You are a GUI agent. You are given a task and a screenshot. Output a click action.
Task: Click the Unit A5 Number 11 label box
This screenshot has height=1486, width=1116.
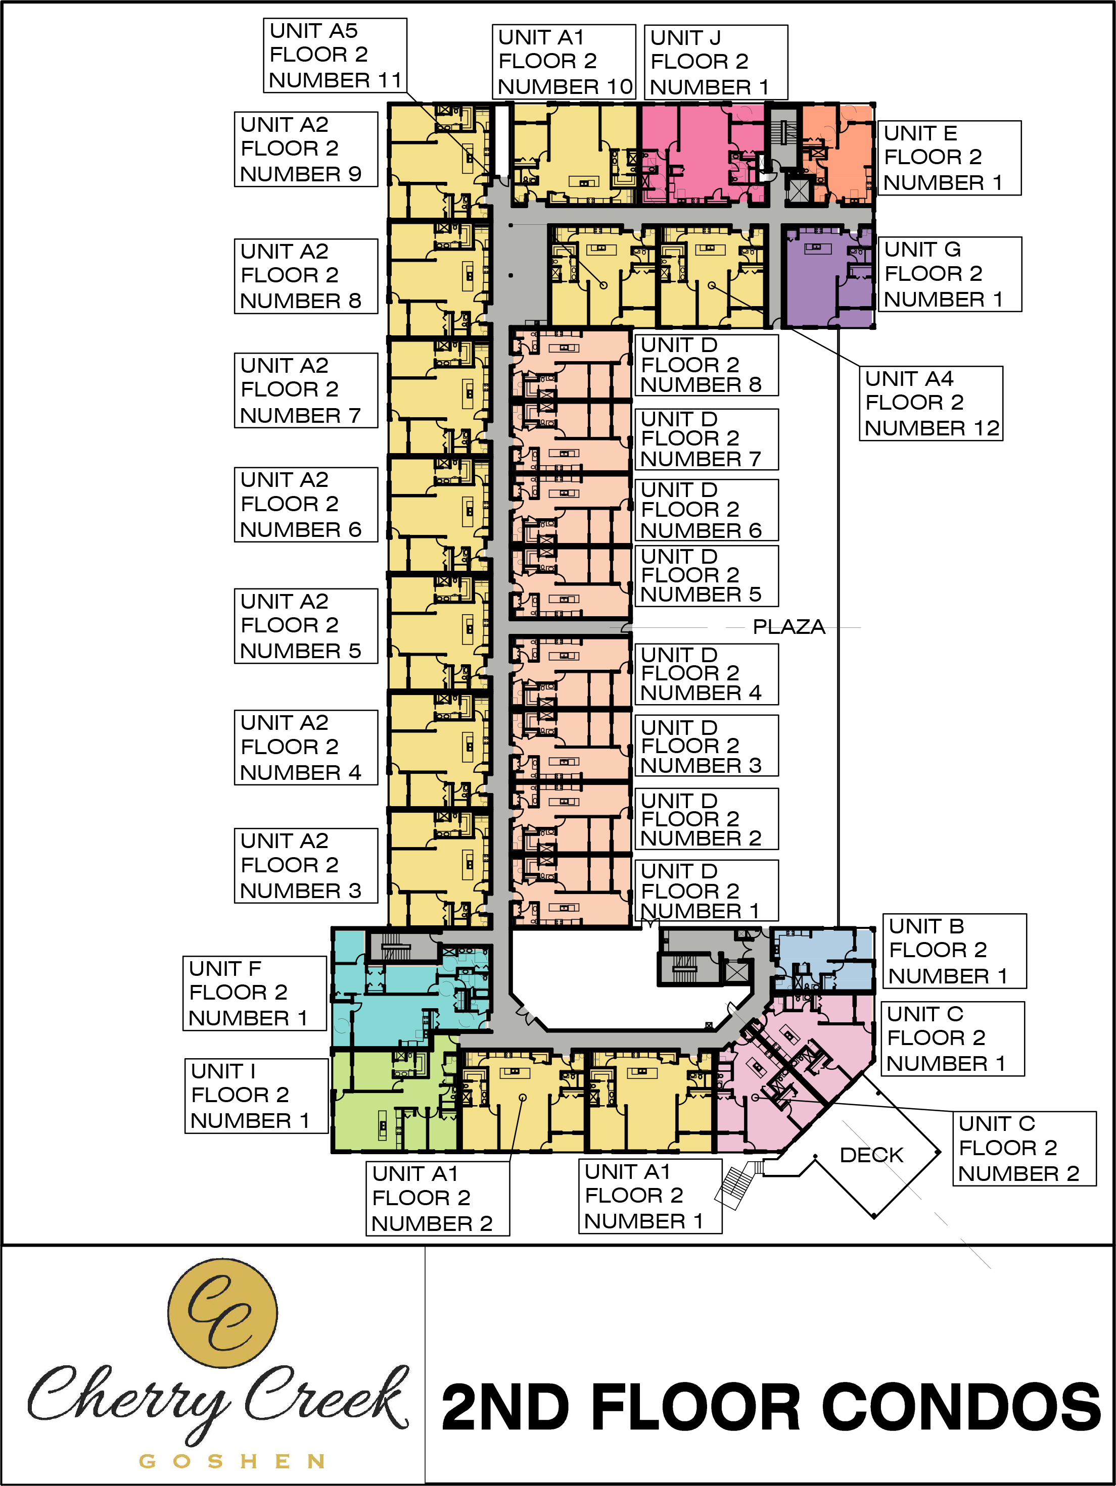pyautogui.click(x=335, y=55)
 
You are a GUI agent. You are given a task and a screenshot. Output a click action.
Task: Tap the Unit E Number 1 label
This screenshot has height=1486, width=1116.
pyautogui.click(x=949, y=158)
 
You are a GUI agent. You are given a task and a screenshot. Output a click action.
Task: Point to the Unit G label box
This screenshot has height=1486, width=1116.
pyautogui.click(x=950, y=274)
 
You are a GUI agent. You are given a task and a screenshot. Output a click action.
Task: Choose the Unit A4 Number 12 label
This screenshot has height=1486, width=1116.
pyautogui.click(x=931, y=404)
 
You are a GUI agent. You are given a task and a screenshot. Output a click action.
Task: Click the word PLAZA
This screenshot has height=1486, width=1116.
pyautogui.click(x=788, y=627)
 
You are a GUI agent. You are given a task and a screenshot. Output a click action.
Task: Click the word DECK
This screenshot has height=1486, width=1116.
pyautogui.click(x=871, y=1155)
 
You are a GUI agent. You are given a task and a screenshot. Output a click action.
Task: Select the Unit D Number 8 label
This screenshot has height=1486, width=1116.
pyautogui.click(x=707, y=365)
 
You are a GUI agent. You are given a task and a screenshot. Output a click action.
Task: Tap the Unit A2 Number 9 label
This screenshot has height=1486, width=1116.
pyautogui.click(x=306, y=149)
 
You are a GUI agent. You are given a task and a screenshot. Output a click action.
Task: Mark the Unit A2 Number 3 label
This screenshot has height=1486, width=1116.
pyautogui.click(x=306, y=865)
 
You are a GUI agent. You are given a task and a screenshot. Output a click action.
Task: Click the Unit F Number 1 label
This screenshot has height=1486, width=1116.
pyautogui.click(x=255, y=994)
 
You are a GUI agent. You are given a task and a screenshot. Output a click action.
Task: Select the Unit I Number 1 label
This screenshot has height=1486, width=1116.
pyautogui.click(x=257, y=1096)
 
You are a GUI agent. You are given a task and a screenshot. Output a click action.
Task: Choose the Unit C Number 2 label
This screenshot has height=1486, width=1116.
pyautogui.click(x=1025, y=1149)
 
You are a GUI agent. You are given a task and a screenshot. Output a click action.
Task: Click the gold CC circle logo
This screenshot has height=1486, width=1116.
pyautogui.click(x=222, y=1313)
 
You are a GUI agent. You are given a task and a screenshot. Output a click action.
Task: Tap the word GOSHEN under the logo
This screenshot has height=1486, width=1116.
pyautogui.click(x=232, y=1461)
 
